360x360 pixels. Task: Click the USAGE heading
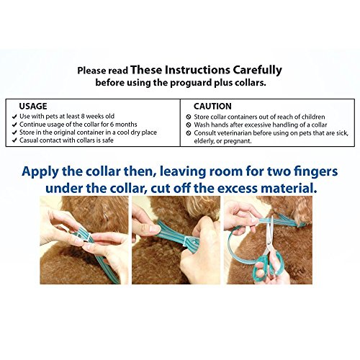(x=33, y=106)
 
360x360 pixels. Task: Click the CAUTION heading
(x=212, y=107)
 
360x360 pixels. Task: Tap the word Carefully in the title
(x=257, y=71)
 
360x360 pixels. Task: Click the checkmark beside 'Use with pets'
(x=14, y=117)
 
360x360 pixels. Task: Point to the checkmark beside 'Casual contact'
(x=14, y=140)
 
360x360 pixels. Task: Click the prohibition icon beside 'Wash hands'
(x=189, y=125)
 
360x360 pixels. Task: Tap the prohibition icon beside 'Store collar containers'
(x=189, y=117)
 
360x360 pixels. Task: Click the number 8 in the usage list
(x=83, y=117)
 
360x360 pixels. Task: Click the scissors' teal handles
(x=269, y=264)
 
